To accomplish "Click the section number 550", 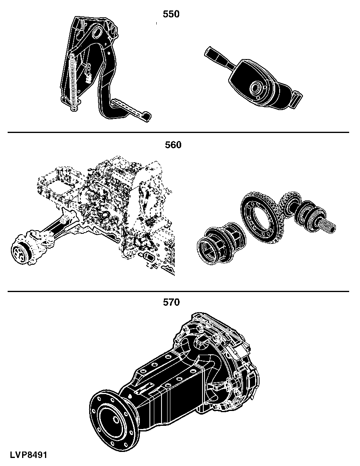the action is click(x=171, y=14).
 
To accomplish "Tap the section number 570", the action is click(x=172, y=302).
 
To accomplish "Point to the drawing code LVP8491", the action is click(x=29, y=455).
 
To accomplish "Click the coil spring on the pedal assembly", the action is click(x=73, y=80).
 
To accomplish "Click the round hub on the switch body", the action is click(x=256, y=88).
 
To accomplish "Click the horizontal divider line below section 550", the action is click(x=178, y=132).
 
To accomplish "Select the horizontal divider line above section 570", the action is click(x=178, y=291).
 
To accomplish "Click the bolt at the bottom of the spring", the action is click(x=74, y=108).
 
